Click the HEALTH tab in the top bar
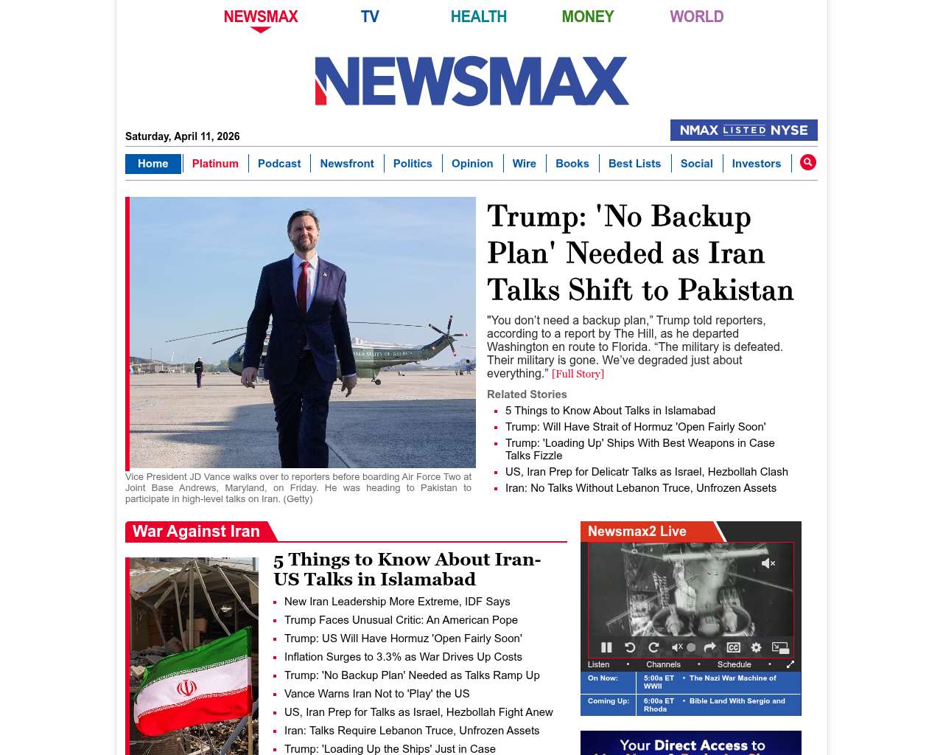point(478,16)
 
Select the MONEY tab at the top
point(587,16)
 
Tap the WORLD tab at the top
point(696,16)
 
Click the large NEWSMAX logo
point(471,81)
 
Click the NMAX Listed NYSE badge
point(743,131)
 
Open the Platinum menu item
point(215,164)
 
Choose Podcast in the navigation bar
point(279,164)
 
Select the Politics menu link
point(413,164)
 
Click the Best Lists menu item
point(634,164)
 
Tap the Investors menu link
point(756,164)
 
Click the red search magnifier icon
point(808,162)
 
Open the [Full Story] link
point(578,374)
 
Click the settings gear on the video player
point(756,647)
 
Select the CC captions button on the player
point(733,647)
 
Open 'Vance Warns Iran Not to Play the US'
point(376,694)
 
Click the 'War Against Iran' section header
point(196,532)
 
